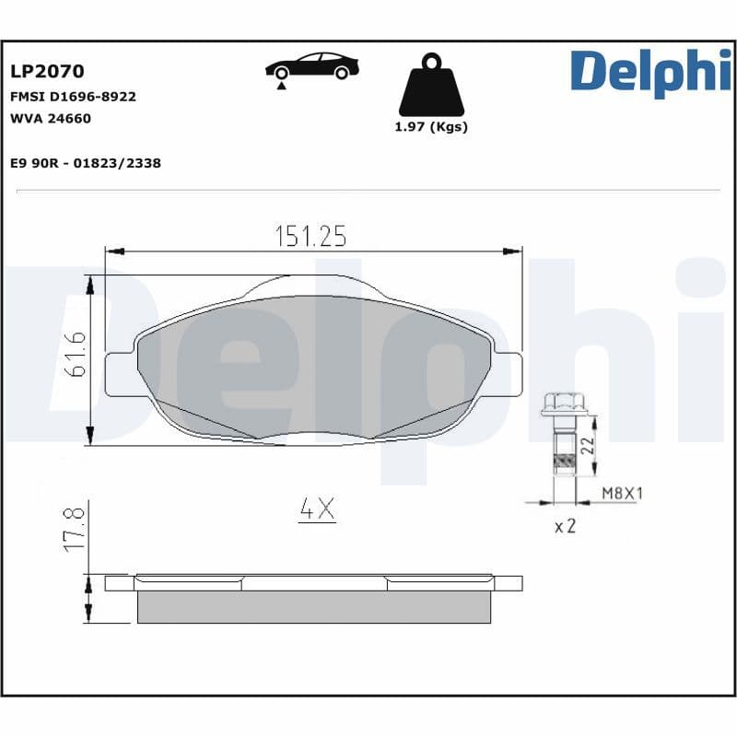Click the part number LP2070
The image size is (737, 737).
(47, 71)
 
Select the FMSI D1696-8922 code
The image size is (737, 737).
(73, 96)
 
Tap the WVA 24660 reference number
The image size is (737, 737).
(51, 118)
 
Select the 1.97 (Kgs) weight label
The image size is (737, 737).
(430, 127)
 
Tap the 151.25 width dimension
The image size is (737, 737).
(310, 237)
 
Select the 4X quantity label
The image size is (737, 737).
(316, 509)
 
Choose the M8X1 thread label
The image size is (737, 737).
(622, 494)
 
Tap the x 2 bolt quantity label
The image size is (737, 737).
(565, 528)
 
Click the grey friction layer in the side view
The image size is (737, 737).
(313, 605)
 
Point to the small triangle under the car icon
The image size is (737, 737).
(277, 86)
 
